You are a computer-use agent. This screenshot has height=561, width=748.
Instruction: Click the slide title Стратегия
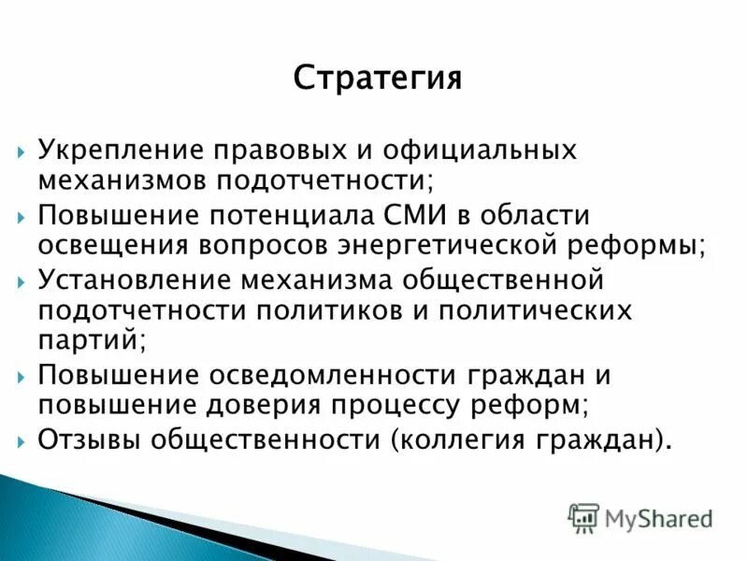tap(377, 77)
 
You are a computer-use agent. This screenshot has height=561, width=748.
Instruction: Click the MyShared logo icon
tap(583, 517)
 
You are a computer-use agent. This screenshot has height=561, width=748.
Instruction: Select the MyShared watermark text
tap(658, 518)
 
